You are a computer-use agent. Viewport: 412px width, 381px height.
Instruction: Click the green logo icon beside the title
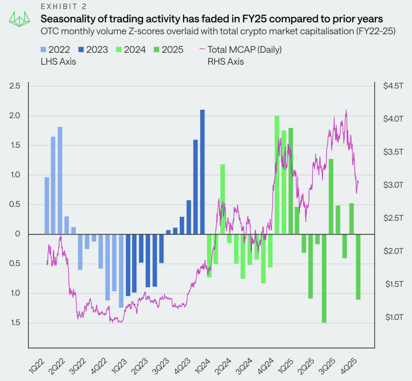[19, 19]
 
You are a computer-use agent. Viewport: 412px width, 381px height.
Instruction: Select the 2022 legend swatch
[43, 50]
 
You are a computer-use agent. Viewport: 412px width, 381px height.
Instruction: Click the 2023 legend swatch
[81, 50]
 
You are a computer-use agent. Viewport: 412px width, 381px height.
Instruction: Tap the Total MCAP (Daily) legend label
[244, 50]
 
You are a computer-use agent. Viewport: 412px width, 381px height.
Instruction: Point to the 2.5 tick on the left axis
[15, 86]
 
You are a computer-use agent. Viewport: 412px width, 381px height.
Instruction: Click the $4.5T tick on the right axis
[393, 86]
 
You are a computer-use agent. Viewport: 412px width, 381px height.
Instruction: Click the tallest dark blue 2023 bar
[202, 172]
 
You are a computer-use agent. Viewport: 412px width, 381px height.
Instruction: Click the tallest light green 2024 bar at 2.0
[277, 175]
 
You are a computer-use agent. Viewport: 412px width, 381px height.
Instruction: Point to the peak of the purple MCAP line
[346, 110]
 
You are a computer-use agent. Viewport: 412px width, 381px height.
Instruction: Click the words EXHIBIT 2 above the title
[64, 7]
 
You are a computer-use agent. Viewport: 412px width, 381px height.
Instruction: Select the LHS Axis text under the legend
[58, 62]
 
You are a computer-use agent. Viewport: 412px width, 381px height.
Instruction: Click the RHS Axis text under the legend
[226, 62]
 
